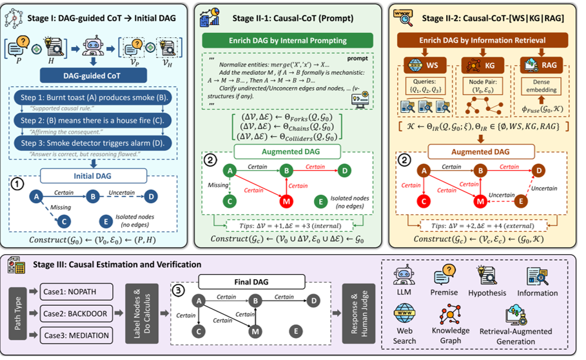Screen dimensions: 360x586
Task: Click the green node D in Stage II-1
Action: pos(346,170)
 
